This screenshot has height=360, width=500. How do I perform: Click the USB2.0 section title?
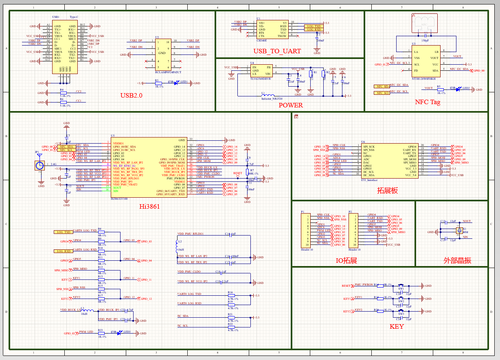(x=131, y=96)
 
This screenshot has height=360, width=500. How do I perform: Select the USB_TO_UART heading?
(x=277, y=51)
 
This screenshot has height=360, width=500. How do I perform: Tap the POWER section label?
(x=291, y=105)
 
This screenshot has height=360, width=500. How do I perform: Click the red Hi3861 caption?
(x=149, y=207)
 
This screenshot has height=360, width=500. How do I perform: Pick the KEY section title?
(x=397, y=327)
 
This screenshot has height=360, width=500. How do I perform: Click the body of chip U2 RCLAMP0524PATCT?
(x=162, y=54)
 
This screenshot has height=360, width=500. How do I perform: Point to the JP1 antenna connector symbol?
(x=39, y=166)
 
